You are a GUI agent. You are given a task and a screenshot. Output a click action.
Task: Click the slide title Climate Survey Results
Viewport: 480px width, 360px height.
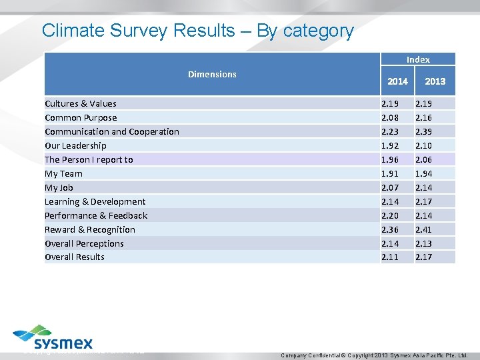click(x=197, y=31)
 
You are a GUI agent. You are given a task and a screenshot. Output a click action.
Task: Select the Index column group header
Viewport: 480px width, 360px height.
click(x=418, y=59)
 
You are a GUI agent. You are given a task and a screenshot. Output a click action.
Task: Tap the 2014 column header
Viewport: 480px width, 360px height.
click(x=397, y=81)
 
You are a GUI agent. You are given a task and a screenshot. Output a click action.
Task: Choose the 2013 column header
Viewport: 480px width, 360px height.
click(x=435, y=81)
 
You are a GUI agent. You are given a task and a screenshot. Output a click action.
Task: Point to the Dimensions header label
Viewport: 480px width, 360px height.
click(x=212, y=74)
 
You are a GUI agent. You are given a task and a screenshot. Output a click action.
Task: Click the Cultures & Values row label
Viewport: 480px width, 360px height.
click(x=80, y=103)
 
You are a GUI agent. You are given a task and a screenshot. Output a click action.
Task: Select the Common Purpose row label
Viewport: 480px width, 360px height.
click(x=80, y=117)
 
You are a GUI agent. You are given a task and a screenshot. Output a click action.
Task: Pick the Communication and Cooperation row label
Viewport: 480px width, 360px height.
click(x=111, y=131)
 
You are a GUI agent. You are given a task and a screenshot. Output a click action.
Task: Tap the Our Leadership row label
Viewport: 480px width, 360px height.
click(x=75, y=145)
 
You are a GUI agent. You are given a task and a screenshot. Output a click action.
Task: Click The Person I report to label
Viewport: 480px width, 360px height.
click(x=89, y=159)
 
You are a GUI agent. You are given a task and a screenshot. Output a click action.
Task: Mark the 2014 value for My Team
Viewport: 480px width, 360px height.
click(x=391, y=173)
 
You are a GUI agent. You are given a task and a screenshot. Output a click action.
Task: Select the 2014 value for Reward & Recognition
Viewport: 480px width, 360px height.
click(x=391, y=229)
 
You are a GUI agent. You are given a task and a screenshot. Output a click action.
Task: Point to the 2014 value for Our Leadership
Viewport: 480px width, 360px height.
click(x=391, y=145)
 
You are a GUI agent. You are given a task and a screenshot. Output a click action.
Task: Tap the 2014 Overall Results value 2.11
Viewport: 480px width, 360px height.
click(x=391, y=257)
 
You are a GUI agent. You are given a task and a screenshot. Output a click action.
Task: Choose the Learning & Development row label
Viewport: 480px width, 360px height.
click(x=95, y=201)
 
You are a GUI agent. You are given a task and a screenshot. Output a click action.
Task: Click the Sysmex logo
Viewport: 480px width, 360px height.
click(x=53, y=338)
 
